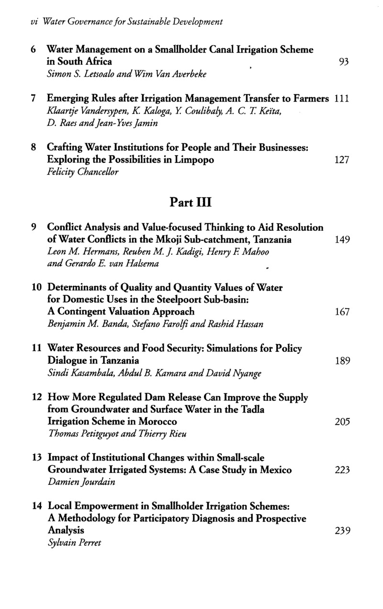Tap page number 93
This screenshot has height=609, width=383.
pos(343,62)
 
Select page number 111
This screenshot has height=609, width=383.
pos(342,98)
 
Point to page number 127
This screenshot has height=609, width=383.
pos(342,160)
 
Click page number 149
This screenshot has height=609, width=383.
pos(342,240)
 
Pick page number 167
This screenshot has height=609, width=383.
pos(342,313)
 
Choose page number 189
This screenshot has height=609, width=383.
pos(342,361)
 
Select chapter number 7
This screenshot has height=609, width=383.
pos(34,98)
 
